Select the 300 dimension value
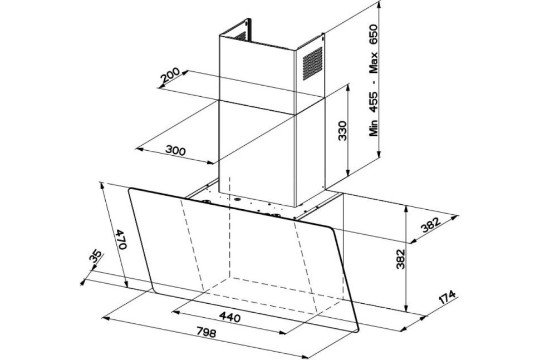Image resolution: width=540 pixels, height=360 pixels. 175,150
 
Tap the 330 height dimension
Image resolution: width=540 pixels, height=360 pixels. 342,130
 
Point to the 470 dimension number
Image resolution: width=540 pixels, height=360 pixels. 121,239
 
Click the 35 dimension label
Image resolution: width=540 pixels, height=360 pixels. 96,257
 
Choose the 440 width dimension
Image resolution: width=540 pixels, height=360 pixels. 230,317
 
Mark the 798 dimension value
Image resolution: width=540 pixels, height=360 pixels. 207,332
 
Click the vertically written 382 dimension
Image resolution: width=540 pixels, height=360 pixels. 400,259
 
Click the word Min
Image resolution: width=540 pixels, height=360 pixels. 374,127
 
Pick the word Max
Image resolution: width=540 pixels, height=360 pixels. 374,63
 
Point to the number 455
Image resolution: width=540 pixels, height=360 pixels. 374,101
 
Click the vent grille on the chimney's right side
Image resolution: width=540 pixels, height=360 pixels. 313,63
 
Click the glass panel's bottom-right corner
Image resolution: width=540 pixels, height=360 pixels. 357,331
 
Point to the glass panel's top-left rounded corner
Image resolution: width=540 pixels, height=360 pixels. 130,190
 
